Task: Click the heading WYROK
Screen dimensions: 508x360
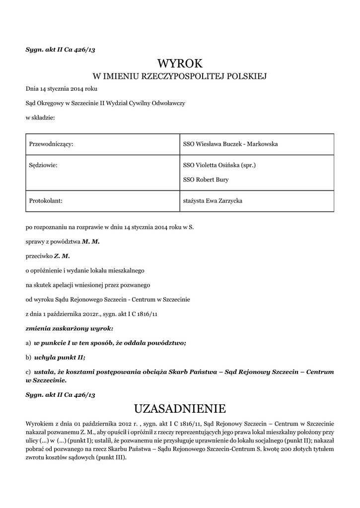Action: pos(180,63)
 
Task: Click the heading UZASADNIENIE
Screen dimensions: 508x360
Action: pos(180,409)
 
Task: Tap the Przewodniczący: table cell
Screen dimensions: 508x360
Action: pos(52,144)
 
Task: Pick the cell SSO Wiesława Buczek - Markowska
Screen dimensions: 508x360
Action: pos(230,144)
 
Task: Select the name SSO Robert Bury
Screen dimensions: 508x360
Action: pos(206,180)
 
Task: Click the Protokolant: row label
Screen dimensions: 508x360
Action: pos(46,201)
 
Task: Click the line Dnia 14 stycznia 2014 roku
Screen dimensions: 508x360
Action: pos(62,89)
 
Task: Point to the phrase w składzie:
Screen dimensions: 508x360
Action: pos(40,118)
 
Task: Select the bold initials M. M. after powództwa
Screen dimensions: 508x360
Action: pos(91,242)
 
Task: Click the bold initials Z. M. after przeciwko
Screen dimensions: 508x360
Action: pos(62,256)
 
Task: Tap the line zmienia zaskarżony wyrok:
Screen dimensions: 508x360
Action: pos(70,328)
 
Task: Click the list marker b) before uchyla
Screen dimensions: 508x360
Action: pos(28,357)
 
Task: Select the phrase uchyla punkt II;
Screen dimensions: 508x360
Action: pos(60,357)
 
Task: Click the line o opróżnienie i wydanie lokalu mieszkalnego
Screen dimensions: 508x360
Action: pos(84,270)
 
